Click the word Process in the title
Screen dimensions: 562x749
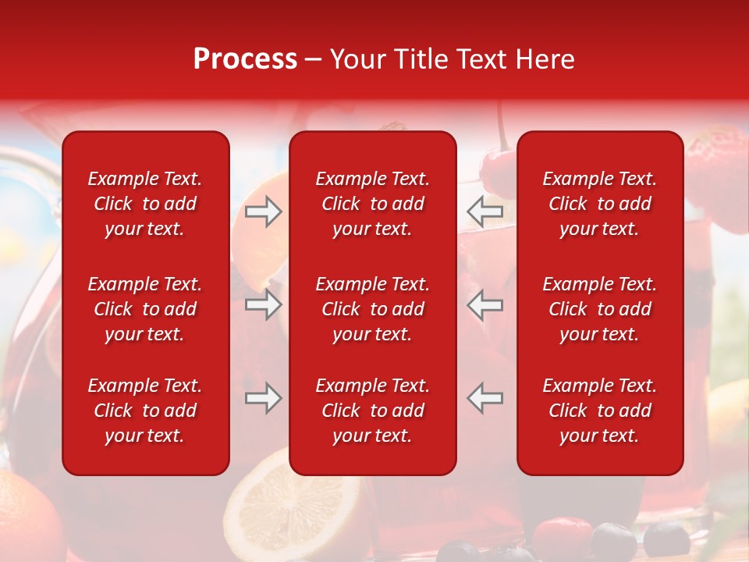pos(245,59)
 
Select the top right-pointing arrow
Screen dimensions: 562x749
pos(263,211)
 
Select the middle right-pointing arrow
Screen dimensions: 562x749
pos(263,304)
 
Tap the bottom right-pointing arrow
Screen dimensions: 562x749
pos(263,398)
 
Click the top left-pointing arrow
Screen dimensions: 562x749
pos(485,211)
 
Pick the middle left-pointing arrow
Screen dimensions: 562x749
pos(485,304)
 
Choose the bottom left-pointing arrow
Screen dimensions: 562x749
pos(485,398)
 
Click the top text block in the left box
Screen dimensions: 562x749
pos(145,204)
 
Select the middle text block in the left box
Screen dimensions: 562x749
pos(145,309)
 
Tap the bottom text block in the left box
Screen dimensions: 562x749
pos(145,411)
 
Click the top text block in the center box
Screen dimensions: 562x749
pos(372,204)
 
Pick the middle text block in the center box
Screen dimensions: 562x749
pos(372,309)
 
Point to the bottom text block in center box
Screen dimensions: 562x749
pos(372,411)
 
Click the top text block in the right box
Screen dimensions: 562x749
pos(599,204)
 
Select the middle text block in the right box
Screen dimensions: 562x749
pos(599,309)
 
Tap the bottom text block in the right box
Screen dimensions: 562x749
pos(599,411)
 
